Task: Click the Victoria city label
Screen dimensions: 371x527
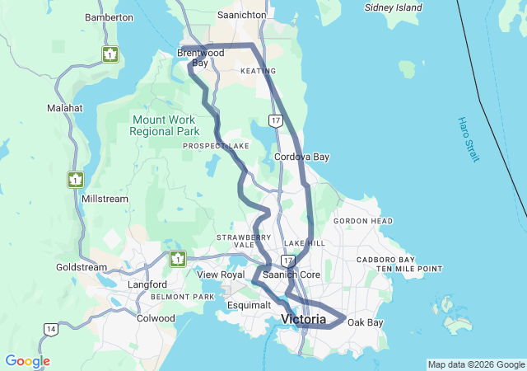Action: [x=303, y=319]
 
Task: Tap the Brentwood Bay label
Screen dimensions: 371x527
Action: [x=200, y=58]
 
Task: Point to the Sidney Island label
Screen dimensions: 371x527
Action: [x=393, y=7]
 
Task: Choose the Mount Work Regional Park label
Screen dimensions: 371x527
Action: [x=165, y=125]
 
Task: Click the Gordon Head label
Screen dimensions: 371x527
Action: [x=362, y=221]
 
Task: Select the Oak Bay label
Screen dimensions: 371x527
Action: [x=365, y=322]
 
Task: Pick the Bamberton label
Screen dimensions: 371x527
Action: [x=109, y=17]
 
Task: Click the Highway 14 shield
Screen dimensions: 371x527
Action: [x=51, y=330]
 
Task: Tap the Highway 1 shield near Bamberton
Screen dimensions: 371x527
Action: [x=110, y=54]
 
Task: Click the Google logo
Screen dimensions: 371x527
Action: [x=27, y=361]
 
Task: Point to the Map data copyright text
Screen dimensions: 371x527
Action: [x=475, y=364]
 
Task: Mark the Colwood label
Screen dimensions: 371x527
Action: [x=156, y=318]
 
